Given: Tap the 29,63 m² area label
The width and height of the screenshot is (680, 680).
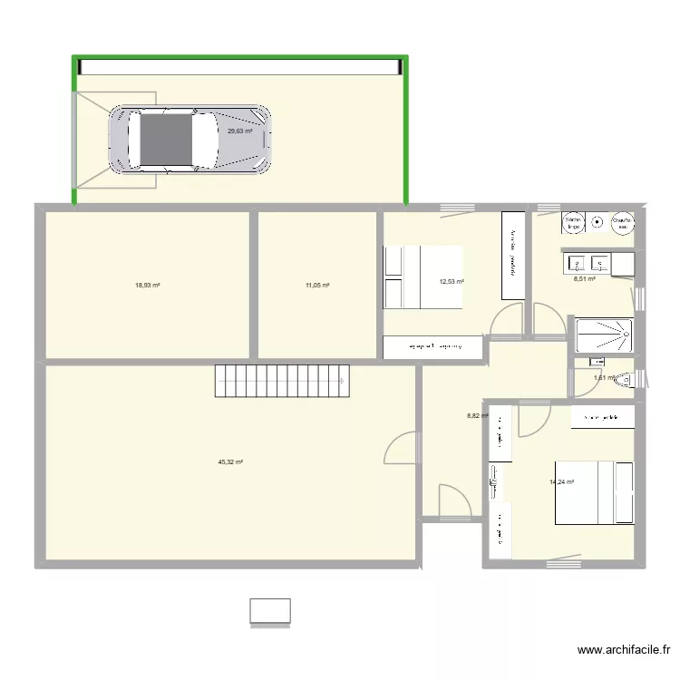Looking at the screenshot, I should coord(239,131).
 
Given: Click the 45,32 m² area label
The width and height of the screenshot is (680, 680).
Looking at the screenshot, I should coord(230,461).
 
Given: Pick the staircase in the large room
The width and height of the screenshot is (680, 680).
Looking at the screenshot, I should coord(282,380).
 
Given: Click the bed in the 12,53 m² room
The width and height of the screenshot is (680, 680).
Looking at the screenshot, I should coord(424,277).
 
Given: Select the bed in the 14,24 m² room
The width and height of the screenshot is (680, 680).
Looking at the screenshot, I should coord(595,492).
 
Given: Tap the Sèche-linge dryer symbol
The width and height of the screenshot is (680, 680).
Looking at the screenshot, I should coord(574,222).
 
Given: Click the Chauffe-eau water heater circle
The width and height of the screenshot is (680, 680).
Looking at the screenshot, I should coord(622,222).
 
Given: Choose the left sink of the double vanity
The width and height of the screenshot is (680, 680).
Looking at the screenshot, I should coord(577,264).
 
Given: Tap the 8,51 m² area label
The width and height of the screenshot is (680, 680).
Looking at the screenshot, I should coord(584,279).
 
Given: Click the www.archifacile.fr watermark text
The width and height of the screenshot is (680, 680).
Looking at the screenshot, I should coord(624,650).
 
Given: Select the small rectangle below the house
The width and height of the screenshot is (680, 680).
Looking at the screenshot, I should coord(270,612).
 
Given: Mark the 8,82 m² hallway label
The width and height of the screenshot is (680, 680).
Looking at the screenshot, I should coord(477,416).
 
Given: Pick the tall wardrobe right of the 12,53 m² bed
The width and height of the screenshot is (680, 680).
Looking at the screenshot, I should coord(513,255).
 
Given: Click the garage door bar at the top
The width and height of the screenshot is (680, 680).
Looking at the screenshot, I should coord(240,67).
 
